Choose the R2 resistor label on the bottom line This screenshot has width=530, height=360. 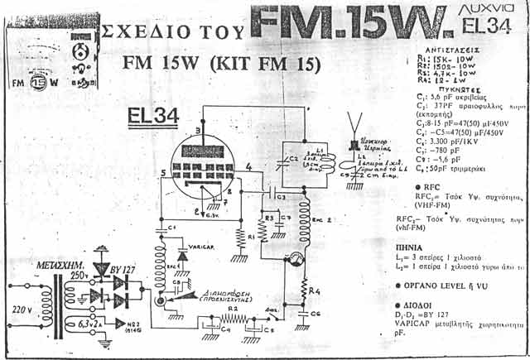tap(234, 308)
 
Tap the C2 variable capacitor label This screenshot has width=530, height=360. tap(291, 157)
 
